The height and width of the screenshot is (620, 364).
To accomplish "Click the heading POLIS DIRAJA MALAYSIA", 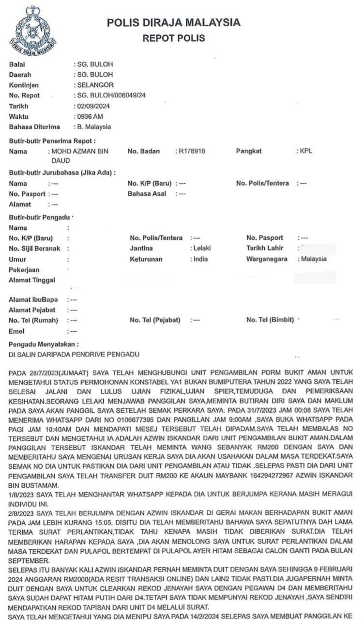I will (x=174, y=23).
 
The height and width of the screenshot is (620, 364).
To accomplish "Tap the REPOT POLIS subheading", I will (x=174, y=38).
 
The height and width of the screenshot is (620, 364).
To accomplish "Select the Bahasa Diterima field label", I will (x=34, y=127).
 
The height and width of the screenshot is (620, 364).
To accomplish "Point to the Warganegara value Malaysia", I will (x=314, y=259).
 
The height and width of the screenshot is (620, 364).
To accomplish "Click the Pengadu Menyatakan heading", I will (x=44, y=344).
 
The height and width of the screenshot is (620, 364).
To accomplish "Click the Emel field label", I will (x=16, y=331).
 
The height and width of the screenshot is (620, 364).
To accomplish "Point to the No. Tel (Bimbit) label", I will (x=270, y=320).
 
